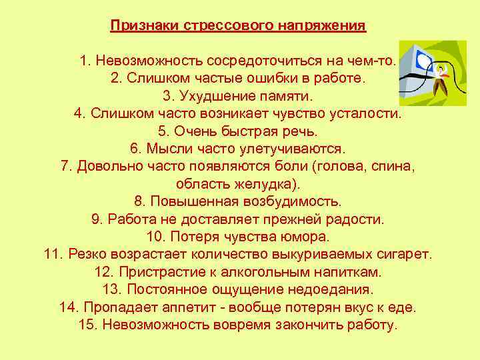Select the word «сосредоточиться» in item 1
[x=257, y=61]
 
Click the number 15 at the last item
[x=86, y=325]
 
